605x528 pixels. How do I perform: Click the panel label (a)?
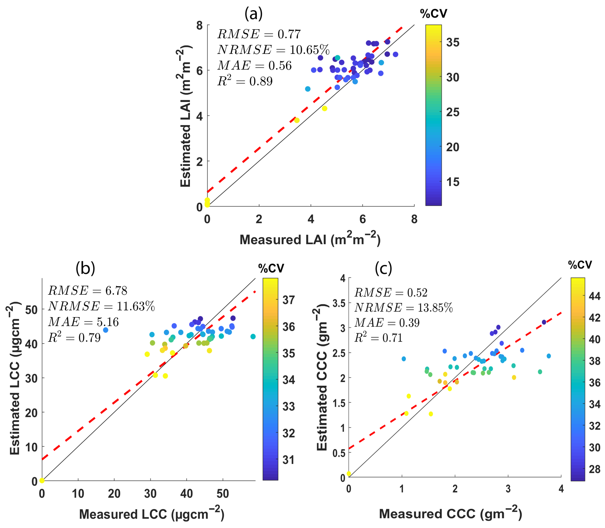click(x=253, y=14)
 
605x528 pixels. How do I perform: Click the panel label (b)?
click(x=85, y=268)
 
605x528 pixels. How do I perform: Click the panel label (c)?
click(x=383, y=268)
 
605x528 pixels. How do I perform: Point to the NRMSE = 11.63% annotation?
click(x=101, y=306)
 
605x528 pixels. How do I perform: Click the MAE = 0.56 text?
click(x=254, y=65)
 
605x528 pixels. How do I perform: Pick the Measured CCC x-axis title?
click(x=450, y=513)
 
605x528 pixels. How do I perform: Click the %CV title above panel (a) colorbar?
click(x=433, y=14)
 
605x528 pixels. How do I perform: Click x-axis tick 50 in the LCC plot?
click(x=223, y=494)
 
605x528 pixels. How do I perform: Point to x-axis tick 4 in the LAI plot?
click(x=311, y=219)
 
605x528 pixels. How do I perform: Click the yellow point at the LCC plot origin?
click(x=42, y=481)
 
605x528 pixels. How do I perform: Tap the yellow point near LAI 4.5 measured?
click(x=324, y=108)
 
